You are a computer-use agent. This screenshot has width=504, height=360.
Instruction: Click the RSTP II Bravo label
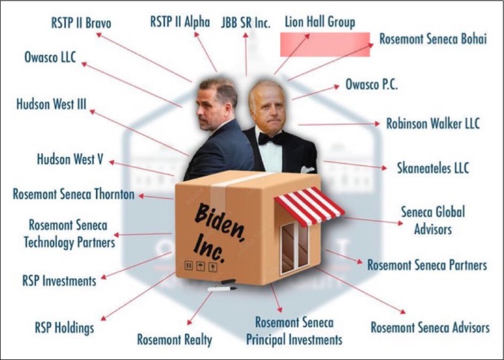point(81,23)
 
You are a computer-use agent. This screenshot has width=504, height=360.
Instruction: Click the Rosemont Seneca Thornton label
point(74,194)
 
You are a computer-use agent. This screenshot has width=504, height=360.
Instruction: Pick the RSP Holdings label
point(64,328)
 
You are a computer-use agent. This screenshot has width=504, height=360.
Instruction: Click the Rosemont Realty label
point(174,339)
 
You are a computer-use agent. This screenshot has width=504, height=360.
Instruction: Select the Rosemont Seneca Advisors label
point(430,327)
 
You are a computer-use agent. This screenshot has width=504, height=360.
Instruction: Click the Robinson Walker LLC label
point(433,124)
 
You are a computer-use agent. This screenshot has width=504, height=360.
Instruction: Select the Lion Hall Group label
point(320,23)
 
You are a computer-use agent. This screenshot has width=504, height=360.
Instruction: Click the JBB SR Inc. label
point(246,23)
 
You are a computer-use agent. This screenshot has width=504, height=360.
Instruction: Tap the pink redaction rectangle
point(324,44)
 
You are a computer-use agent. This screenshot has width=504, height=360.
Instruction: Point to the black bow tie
point(271,139)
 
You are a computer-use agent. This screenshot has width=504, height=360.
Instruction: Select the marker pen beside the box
point(221,288)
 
